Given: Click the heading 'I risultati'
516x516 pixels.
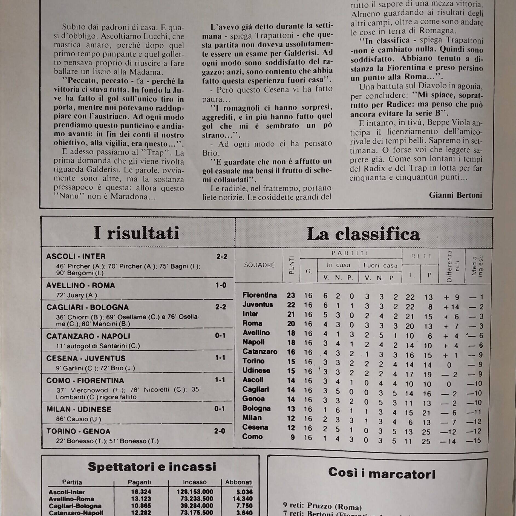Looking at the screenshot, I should (x=136, y=233).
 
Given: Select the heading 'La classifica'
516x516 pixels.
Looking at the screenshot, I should (x=363, y=234).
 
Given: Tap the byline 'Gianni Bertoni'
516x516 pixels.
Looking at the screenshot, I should (x=456, y=195).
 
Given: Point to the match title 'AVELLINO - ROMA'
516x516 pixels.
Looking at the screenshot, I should (x=80, y=285).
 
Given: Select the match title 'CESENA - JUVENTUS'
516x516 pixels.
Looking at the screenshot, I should (x=86, y=358).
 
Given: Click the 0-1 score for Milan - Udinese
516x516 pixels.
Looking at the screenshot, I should (x=220, y=409).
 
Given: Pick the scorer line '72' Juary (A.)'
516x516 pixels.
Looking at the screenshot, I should (x=77, y=295).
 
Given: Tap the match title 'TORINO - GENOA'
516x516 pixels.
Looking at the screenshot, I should (x=78, y=431).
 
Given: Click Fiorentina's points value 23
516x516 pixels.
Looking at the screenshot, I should (x=291, y=295).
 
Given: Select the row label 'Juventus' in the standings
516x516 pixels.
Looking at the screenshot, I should (x=258, y=305).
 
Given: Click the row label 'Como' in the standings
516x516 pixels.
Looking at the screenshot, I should (x=252, y=437).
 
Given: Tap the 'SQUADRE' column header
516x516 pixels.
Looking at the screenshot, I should (x=259, y=265).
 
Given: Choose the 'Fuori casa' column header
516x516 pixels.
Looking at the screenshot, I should (x=380, y=265).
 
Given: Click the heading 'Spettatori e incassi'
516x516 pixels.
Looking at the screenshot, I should (x=152, y=467).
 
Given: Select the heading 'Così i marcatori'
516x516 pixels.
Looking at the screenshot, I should (x=382, y=473).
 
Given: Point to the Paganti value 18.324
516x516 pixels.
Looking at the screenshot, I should (x=141, y=492).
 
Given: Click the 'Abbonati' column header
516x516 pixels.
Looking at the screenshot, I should (x=239, y=482).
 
